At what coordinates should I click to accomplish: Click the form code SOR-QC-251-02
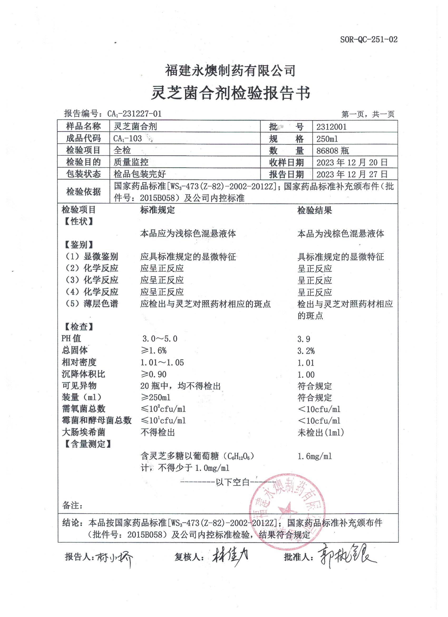tap(368, 40)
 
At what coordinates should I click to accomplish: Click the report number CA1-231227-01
tap(134, 113)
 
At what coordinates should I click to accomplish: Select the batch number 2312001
tap(331, 127)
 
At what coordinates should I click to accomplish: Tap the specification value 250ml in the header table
tap(327, 139)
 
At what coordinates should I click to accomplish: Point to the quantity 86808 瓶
tap(333, 150)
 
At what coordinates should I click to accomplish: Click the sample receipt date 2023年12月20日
tap(352, 162)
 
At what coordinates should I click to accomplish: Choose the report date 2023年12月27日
tap(352, 174)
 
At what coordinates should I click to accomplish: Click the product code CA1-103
tap(128, 139)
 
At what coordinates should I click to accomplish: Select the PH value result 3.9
tap(304, 339)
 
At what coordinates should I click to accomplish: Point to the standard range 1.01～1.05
tap(162, 362)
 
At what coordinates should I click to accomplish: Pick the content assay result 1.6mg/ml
tap(315, 456)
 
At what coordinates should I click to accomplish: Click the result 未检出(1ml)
tap(320, 433)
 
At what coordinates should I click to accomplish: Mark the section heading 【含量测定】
tap(87, 444)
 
